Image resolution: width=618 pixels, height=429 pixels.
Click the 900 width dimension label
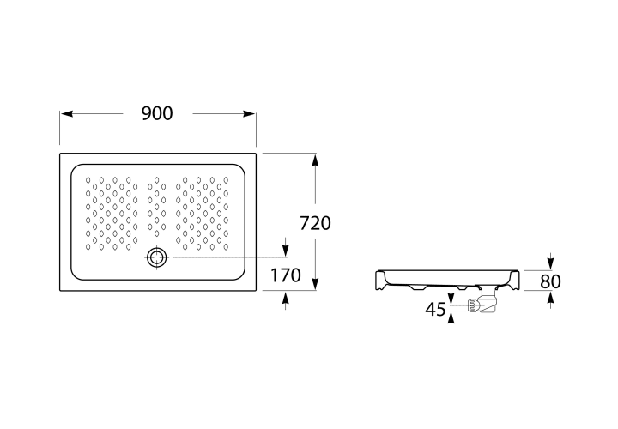click(x=157, y=113)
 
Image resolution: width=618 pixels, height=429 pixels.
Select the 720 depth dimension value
click(x=315, y=223)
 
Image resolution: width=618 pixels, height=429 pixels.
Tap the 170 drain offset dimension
click(x=285, y=275)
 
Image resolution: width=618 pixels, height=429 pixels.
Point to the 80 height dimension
click(x=550, y=281)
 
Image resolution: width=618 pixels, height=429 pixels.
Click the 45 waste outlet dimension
click(x=435, y=310)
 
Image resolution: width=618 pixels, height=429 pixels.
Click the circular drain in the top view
click(x=157, y=257)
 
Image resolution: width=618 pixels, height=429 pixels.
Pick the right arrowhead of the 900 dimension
click(x=249, y=114)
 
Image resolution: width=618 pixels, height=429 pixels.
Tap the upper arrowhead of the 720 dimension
click(x=315, y=161)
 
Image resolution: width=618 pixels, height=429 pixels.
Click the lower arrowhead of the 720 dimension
click(x=315, y=283)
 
